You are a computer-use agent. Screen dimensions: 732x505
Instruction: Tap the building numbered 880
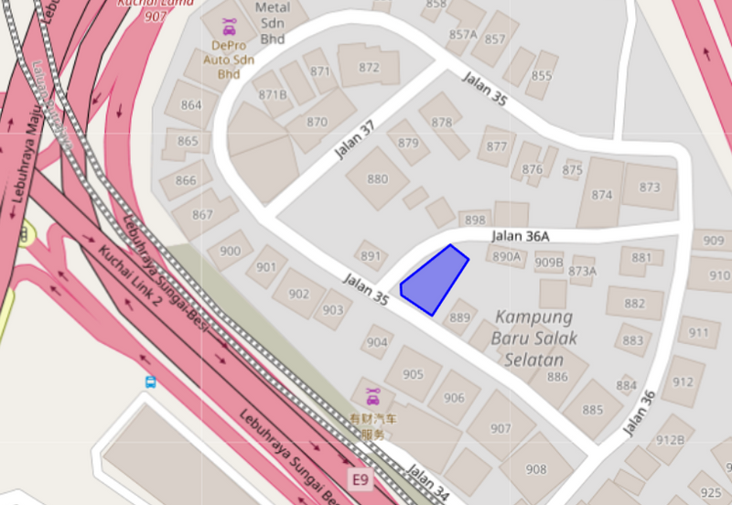[377, 179]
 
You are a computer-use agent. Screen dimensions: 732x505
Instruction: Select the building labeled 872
[369, 67]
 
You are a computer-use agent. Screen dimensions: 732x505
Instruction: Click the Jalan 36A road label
[520, 236]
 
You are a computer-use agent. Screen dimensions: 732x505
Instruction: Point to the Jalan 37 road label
[354, 140]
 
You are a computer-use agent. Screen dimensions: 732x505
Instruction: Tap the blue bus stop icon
[150, 382]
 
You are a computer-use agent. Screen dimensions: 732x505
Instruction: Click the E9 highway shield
[361, 478]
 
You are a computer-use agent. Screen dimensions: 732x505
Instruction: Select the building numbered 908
[536, 469]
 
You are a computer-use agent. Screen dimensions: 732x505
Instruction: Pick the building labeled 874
[601, 194]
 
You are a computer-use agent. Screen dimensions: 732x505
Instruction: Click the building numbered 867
[202, 215]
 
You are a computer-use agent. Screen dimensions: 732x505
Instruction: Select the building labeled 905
[413, 374]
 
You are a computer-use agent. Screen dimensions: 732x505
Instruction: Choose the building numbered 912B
[670, 440]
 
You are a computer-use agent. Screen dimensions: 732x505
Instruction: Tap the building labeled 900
[231, 251]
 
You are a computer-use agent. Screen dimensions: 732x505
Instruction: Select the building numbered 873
[650, 187]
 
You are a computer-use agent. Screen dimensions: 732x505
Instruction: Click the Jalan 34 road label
[427, 483]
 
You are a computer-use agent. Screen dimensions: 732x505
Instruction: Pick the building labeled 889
[459, 317]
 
